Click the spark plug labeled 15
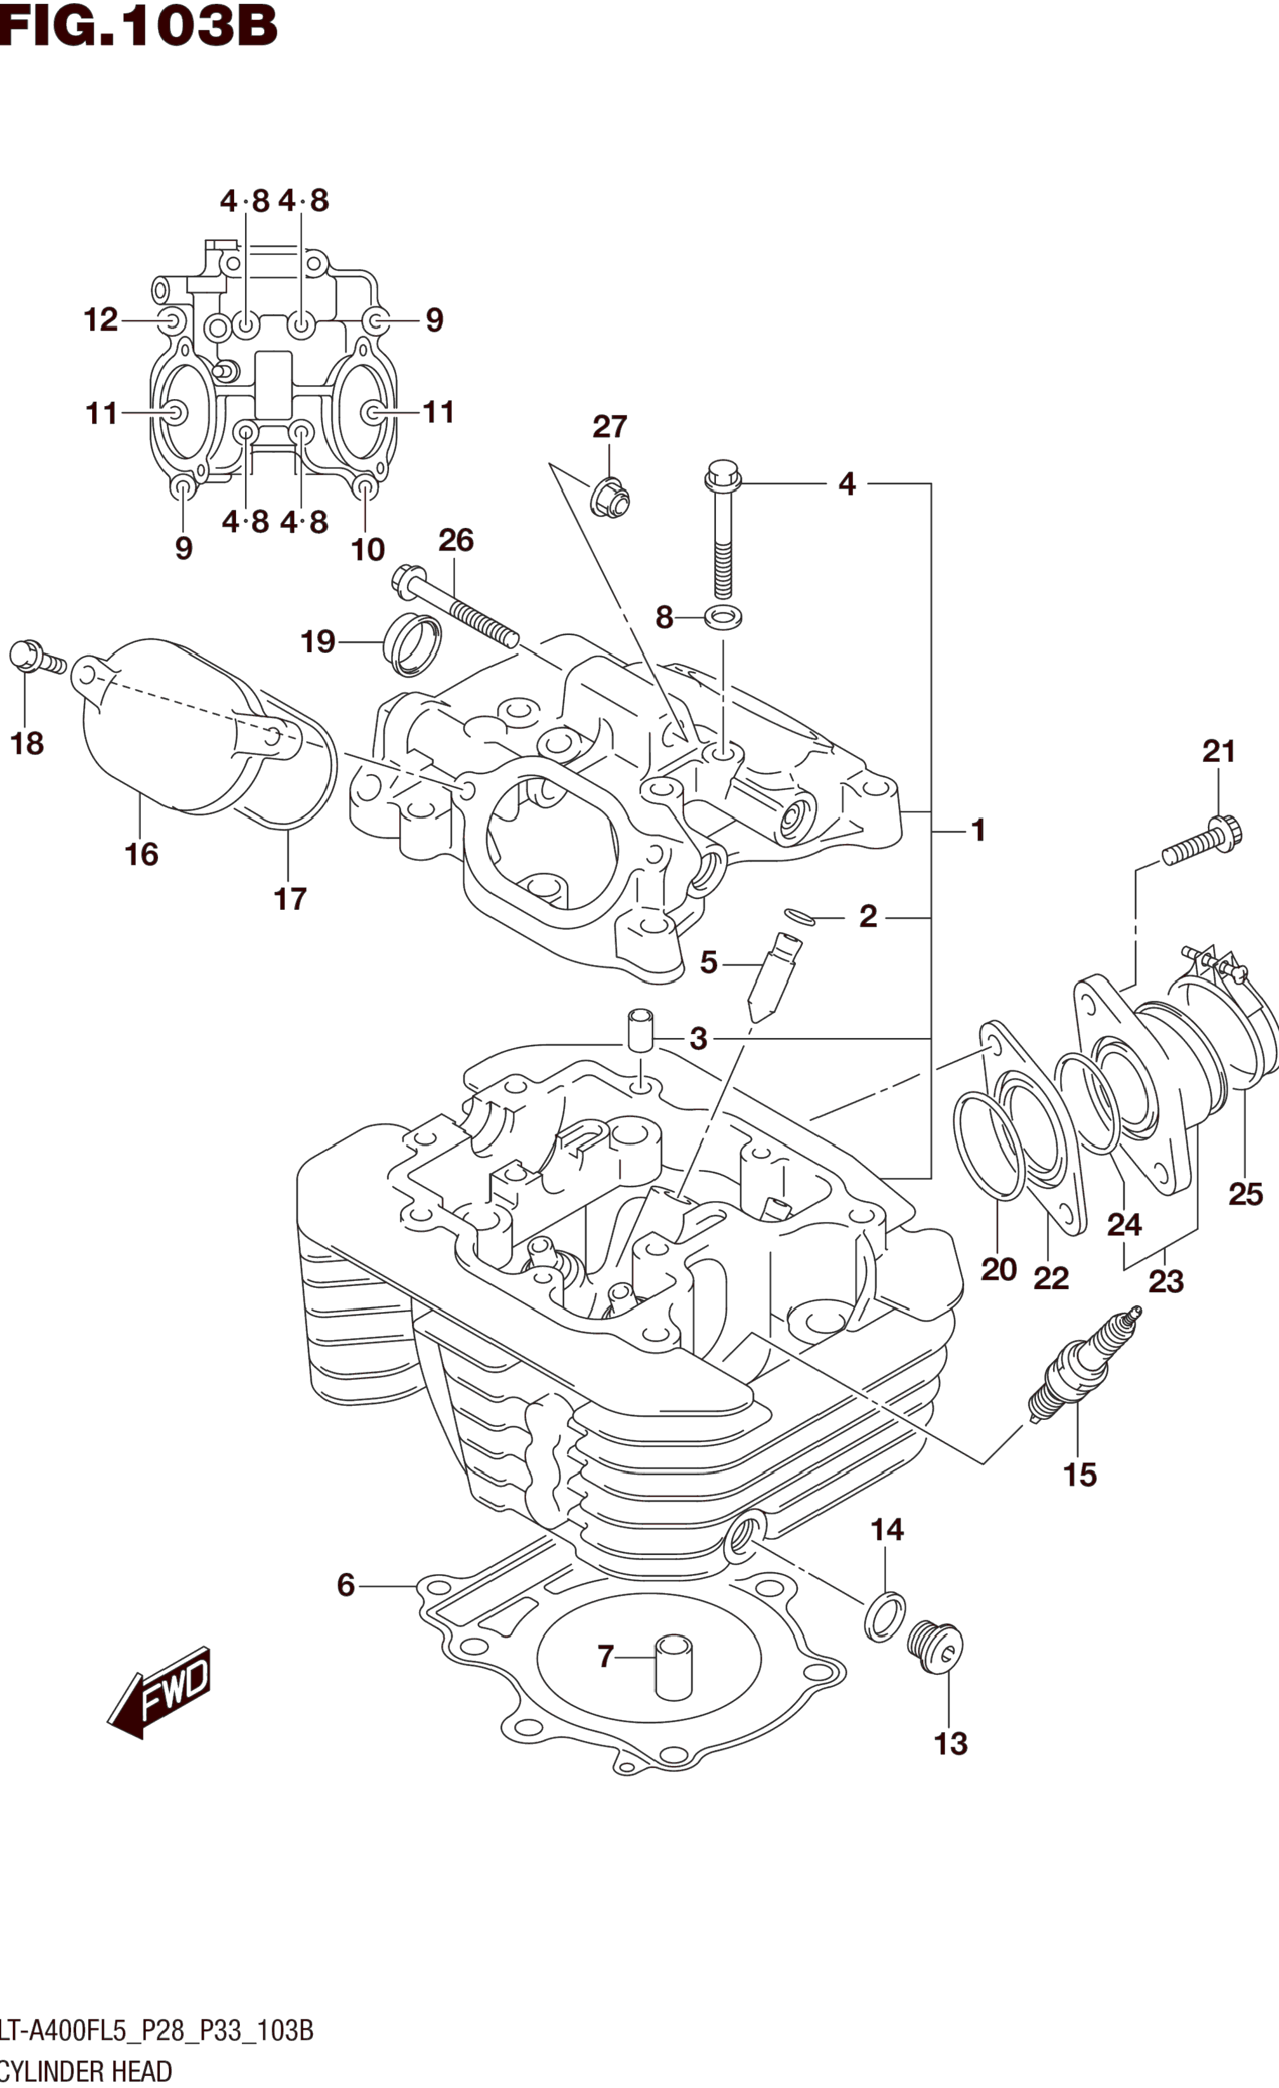(x=1084, y=1364)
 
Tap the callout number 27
(x=609, y=426)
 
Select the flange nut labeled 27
(x=610, y=497)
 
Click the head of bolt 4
(x=723, y=475)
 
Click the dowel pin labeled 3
(x=641, y=1030)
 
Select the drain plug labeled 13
(x=935, y=1647)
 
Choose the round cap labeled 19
(x=413, y=643)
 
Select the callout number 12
(x=100, y=320)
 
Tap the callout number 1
(x=979, y=831)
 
